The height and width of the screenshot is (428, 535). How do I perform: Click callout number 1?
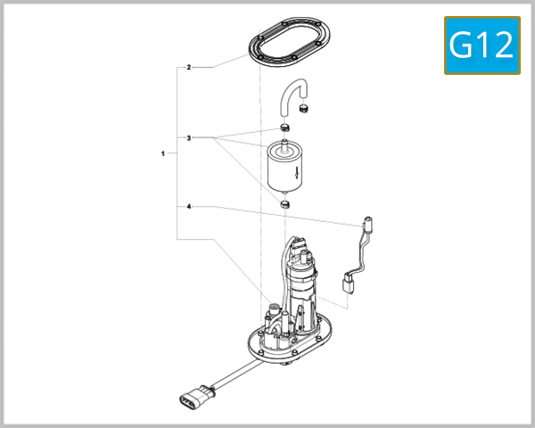pos(163,154)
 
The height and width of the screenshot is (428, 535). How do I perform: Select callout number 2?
pos(188,67)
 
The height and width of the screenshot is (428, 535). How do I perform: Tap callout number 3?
pos(188,138)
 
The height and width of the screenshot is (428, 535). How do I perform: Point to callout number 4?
pos(188,207)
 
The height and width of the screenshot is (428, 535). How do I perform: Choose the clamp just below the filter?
pos(285,205)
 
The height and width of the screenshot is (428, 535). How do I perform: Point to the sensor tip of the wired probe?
pos(367,220)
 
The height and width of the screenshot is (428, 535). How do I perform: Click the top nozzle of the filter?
pos(284,140)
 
